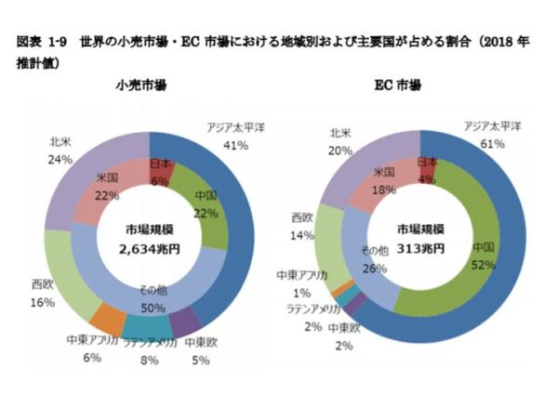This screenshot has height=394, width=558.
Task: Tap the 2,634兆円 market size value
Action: pos(148,250)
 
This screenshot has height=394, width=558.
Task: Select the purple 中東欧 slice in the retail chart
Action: pos(186,321)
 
